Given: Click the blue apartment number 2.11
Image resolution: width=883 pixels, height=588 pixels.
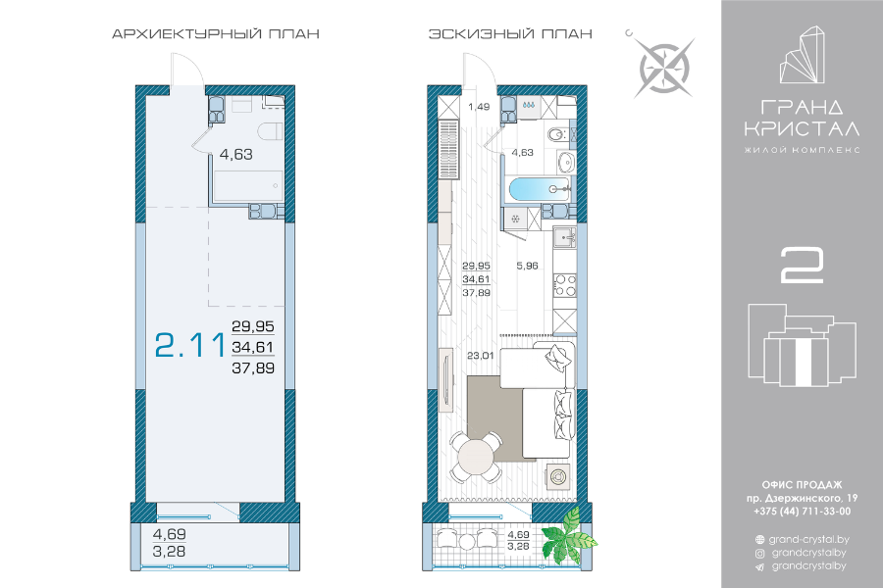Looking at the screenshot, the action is coord(190,345).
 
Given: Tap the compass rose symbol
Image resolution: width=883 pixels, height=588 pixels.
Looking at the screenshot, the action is coord(664,68).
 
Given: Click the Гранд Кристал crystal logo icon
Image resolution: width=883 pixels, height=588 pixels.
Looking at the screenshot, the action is coord(802,55).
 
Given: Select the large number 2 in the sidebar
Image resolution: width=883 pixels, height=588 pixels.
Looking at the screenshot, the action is coord(802,265).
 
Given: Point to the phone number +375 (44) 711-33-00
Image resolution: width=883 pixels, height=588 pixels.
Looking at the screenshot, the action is coord(802,512).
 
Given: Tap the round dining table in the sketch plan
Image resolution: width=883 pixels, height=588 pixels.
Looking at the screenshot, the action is coord(476,457).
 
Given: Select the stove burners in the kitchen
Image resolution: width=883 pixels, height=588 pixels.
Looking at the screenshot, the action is coord(564,285).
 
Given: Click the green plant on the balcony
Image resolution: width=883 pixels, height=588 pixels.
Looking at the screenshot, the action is coord(568,536).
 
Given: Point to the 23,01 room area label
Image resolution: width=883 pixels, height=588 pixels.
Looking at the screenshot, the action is coord(480,356).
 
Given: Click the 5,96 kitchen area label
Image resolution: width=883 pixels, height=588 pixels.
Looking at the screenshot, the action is coord(527,266).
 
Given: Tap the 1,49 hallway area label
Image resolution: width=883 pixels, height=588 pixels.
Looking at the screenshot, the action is coord(479,107).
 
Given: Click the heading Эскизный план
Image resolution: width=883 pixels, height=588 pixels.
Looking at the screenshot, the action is coord(510,33).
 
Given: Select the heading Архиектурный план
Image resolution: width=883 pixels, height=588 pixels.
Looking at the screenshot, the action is coord(216,33).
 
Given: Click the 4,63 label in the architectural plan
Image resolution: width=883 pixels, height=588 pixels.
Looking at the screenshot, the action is coord(235,154).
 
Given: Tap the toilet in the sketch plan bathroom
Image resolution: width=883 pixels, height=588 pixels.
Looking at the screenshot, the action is coord(557,135).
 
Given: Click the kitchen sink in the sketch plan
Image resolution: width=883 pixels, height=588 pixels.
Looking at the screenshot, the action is coord(564,237).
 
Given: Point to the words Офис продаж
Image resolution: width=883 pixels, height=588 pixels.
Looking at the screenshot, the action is coord(802,485).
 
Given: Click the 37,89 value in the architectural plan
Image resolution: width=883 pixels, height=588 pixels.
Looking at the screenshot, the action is coord(253,368).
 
